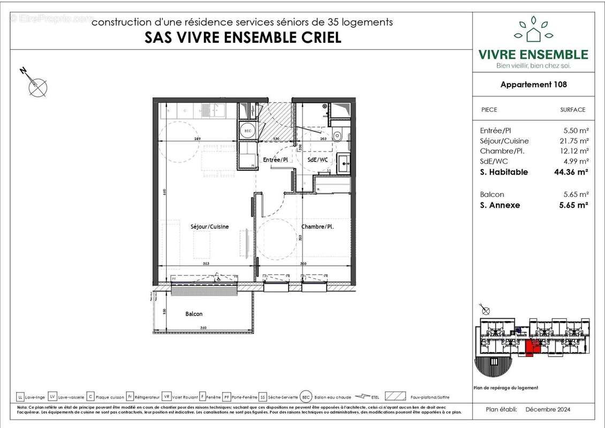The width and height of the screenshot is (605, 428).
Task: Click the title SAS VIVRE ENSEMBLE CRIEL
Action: [x=243, y=38]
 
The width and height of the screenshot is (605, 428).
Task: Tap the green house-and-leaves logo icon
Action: [x=533, y=29]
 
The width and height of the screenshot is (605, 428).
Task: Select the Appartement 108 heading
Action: [x=533, y=84]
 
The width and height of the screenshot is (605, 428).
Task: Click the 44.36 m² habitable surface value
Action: [x=571, y=172]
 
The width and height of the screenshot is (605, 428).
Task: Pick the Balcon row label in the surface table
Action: [x=492, y=195]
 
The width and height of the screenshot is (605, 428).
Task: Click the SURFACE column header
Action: [x=572, y=110]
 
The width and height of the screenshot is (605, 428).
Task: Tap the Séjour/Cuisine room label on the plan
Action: [x=209, y=227]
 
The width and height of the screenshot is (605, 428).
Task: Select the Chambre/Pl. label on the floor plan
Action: [x=317, y=227]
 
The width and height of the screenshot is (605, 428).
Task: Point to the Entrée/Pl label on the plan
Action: [x=276, y=160]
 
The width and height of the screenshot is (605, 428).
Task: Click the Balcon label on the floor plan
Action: [x=194, y=314]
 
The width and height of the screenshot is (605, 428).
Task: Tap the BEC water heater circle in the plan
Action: [x=247, y=131]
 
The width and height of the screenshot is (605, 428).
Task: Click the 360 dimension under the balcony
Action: [x=203, y=328]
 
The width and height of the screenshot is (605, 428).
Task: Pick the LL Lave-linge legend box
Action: [x=20, y=397]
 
